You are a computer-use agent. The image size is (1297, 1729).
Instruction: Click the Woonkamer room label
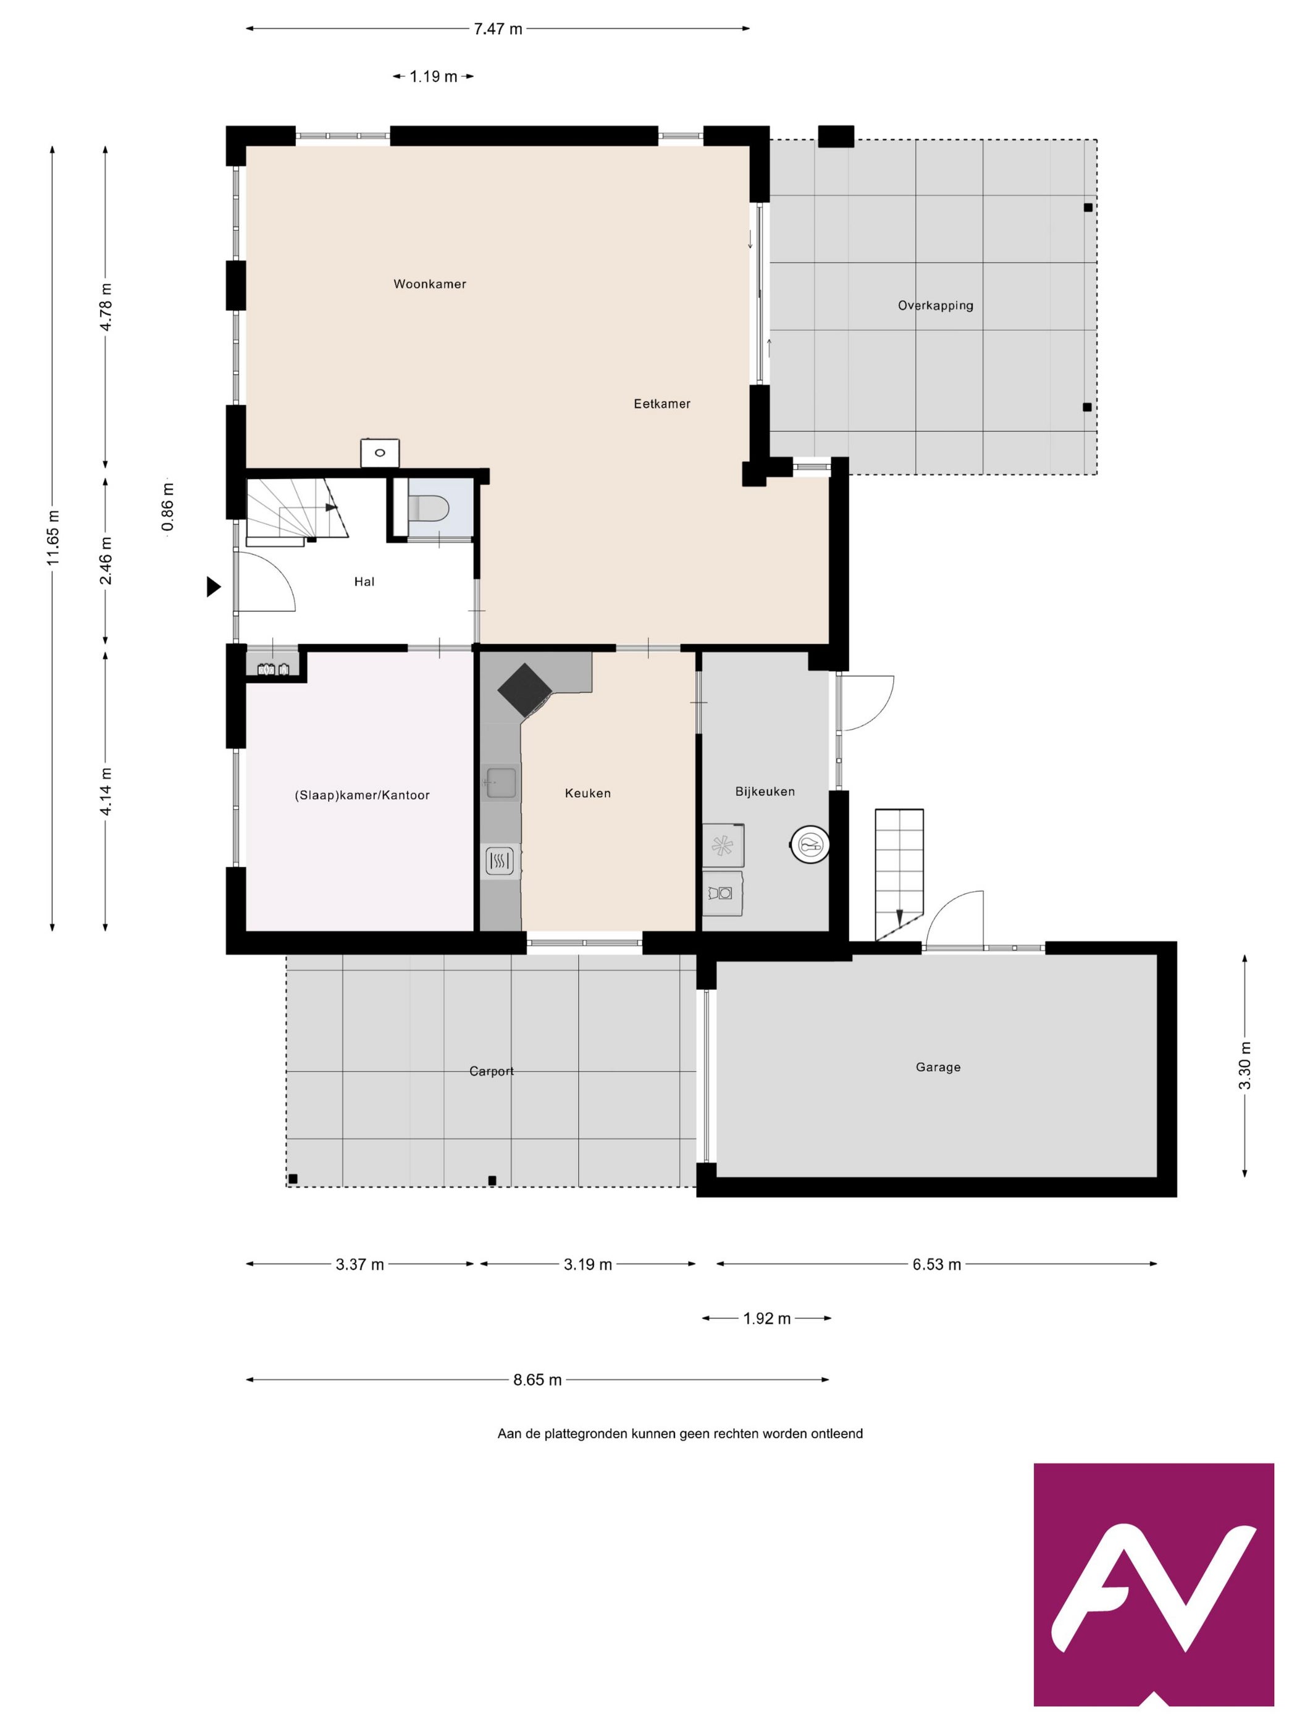point(429,283)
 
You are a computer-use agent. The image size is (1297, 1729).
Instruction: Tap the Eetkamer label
point(661,403)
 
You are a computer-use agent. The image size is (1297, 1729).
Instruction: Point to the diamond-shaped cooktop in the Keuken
point(524,689)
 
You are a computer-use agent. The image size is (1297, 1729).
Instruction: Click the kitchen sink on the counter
point(500,783)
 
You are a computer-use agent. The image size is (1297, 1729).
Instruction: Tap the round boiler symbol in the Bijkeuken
point(809,844)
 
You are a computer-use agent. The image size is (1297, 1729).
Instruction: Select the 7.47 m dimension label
point(498,29)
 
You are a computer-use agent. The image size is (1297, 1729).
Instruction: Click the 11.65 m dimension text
point(52,538)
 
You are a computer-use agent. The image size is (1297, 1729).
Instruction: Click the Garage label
point(938,1067)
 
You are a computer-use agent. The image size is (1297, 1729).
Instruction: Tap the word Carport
point(492,1071)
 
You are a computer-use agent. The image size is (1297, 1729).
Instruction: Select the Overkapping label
point(935,306)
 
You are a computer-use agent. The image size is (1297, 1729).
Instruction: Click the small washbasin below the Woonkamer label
point(380,453)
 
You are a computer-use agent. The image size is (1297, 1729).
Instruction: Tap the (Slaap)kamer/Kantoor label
point(362,795)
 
